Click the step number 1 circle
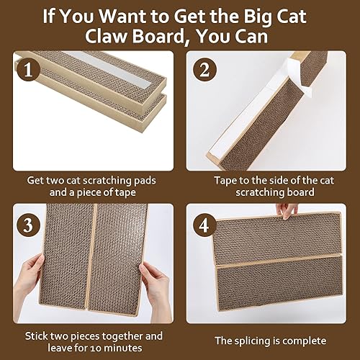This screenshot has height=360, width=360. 27,71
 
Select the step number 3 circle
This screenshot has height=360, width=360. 28,224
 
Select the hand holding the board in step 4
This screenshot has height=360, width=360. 290,210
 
